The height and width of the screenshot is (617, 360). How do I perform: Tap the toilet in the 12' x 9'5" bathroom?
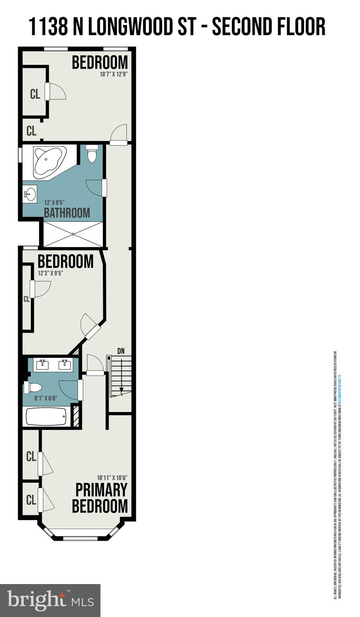point(92,153)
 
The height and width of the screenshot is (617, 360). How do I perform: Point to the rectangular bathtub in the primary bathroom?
point(46,417)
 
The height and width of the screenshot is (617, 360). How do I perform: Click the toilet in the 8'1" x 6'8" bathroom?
point(33,388)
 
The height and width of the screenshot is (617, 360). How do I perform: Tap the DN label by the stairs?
point(121,351)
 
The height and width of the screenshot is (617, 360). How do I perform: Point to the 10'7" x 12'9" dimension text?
point(114,74)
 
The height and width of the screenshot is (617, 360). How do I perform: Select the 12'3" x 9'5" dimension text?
point(51,273)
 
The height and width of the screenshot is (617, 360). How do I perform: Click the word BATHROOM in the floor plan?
point(67,212)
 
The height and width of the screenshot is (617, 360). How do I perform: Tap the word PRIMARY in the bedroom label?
point(101,490)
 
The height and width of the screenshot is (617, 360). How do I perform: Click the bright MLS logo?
point(50,600)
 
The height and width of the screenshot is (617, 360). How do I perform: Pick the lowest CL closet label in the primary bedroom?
point(31,500)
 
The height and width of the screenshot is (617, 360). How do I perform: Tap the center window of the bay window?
point(80,538)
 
